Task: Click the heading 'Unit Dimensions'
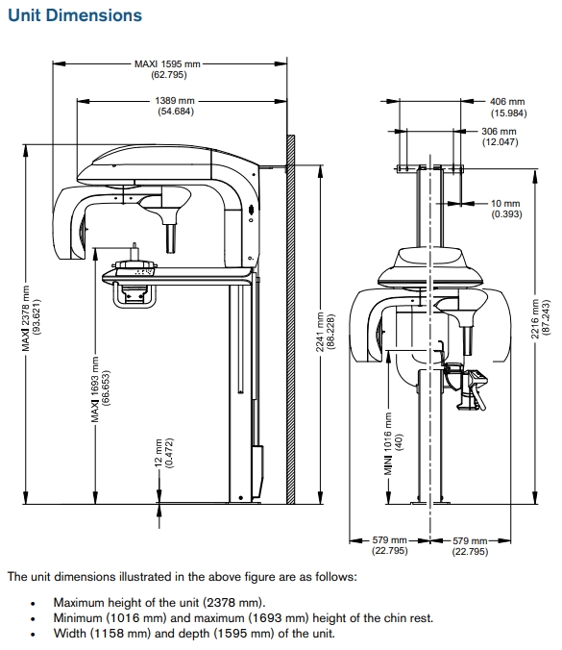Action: (x=75, y=15)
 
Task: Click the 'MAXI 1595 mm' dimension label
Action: (x=167, y=63)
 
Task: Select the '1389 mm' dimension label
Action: (x=175, y=101)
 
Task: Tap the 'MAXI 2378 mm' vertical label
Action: (x=26, y=318)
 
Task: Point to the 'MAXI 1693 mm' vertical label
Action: (x=95, y=389)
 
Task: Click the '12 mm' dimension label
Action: (x=159, y=453)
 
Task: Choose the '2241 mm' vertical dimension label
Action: (x=320, y=332)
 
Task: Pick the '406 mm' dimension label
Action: (x=507, y=102)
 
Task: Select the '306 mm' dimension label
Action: (x=499, y=132)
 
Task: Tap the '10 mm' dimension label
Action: (x=505, y=204)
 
